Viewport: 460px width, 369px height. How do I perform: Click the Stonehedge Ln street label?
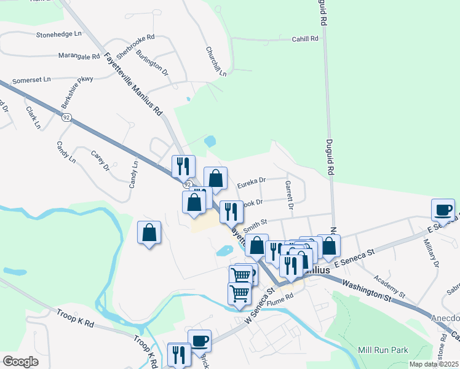tap(59, 34)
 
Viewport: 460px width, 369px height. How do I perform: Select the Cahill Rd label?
tap(305, 38)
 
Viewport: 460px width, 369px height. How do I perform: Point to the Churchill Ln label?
tap(216, 61)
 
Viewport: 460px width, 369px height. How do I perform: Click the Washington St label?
tap(367, 291)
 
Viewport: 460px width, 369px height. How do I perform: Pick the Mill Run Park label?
tap(383, 350)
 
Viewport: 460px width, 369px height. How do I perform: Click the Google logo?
tap(20, 362)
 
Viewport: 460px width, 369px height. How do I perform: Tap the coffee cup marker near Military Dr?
tap(443, 210)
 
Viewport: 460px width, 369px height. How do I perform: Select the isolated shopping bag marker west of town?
tap(149, 232)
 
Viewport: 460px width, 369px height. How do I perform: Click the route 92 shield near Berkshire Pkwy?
tap(66, 116)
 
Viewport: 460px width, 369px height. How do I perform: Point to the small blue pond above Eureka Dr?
tap(210, 141)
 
